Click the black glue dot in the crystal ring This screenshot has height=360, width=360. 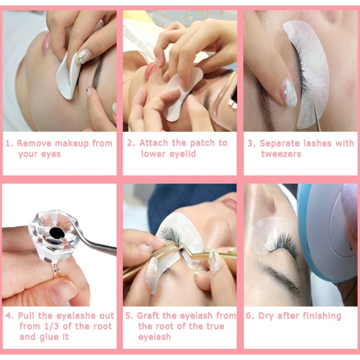pyautogui.click(x=56, y=233)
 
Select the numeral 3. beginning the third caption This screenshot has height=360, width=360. pyautogui.click(x=251, y=144)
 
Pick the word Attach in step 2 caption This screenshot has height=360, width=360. pyautogui.click(x=153, y=143)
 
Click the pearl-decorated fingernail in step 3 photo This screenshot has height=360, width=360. pyautogui.click(x=289, y=92)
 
